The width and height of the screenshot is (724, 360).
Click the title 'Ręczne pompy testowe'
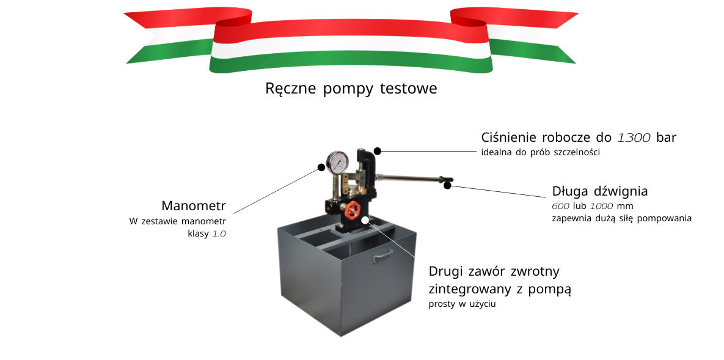pyautogui.click(x=351, y=89)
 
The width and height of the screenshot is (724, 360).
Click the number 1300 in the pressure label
pyautogui.click(x=634, y=138)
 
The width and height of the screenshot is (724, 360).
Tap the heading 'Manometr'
pyautogui.click(x=194, y=205)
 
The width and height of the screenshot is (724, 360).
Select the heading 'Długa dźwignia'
pyautogui.click(x=599, y=191)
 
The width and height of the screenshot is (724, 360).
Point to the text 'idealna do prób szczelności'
pyautogui.click(x=541, y=152)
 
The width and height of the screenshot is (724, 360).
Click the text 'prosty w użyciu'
pyautogui.click(x=462, y=304)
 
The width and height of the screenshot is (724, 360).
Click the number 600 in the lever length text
pyautogui.click(x=560, y=206)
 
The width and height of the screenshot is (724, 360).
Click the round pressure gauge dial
pyautogui.click(x=337, y=161)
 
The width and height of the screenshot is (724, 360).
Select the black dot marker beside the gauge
pyautogui.click(x=321, y=167)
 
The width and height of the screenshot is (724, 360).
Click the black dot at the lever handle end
pyautogui.click(x=448, y=185)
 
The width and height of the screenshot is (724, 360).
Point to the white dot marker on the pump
pyautogui.click(x=364, y=220)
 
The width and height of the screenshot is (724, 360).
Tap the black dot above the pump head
pyautogui.click(x=378, y=150)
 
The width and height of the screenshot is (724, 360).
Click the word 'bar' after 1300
pyautogui.click(x=666, y=138)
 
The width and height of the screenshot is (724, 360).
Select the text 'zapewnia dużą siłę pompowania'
pyautogui.click(x=621, y=218)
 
